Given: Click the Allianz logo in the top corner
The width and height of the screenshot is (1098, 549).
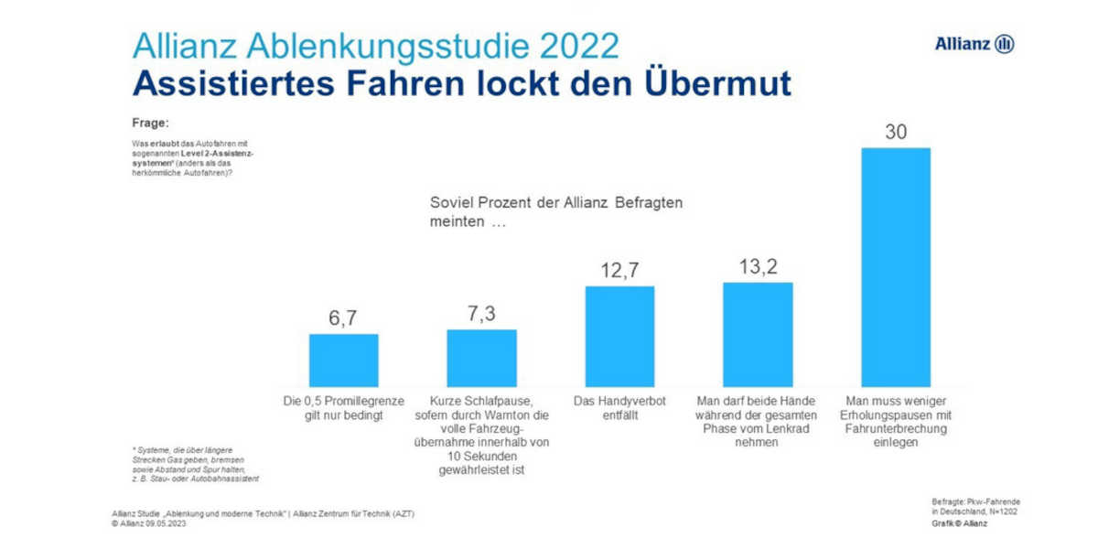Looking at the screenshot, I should [974, 44].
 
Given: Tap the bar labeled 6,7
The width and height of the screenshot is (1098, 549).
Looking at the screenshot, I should [343, 361].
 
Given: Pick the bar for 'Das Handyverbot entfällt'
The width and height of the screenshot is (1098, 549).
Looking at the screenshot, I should [619, 337].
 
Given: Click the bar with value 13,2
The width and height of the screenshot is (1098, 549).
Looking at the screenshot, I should [758, 334].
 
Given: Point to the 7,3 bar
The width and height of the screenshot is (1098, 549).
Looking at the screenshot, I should [481, 358].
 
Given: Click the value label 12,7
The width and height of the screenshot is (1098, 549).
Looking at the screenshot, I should [619, 270].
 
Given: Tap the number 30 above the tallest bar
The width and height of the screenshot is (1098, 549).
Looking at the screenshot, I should [895, 132].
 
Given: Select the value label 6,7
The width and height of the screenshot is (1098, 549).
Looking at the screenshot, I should [343, 318].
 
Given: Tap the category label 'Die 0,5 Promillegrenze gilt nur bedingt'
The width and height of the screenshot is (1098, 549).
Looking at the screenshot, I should [343, 408].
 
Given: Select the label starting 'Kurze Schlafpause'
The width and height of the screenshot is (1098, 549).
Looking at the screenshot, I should [481, 436].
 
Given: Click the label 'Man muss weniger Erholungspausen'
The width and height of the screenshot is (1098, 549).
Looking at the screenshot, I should [895, 422].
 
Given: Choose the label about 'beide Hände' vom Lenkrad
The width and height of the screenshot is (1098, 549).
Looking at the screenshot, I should [758, 422].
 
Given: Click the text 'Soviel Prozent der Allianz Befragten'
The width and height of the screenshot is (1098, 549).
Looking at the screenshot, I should [556, 202].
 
